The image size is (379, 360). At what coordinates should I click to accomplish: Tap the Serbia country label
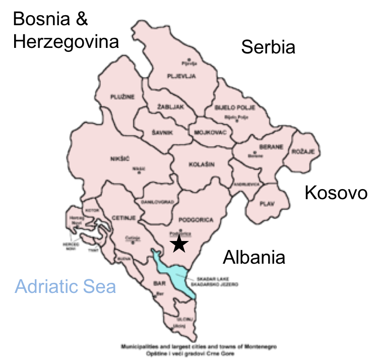pos(268,47)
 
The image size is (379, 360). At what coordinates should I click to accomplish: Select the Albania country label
pos(254,257)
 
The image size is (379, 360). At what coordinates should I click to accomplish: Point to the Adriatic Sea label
pos(66,287)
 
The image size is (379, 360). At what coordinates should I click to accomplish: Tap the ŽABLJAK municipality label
pos(170,107)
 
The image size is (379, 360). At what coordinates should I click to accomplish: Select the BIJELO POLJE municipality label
pos(235,108)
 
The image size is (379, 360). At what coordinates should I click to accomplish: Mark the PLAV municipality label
pos(267,204)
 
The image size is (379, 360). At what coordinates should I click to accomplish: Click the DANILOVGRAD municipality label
pos(158,202)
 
